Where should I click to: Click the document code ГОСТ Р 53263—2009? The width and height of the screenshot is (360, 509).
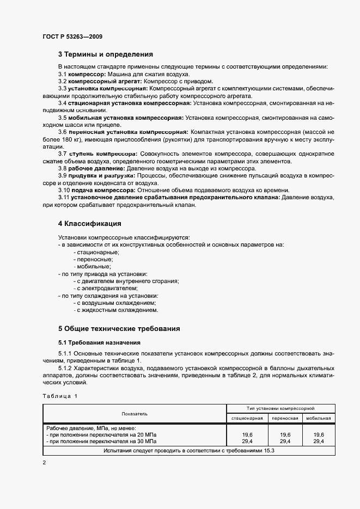pos(72,36)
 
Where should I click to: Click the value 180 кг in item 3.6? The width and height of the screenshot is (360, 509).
pos(72,140)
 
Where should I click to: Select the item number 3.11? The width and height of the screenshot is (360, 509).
pos(65,198)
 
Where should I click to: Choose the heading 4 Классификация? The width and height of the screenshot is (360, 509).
pos(89,224)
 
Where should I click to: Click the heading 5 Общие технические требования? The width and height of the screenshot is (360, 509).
pos(119,329)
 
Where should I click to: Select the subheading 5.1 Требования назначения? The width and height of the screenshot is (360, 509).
pos(100,342)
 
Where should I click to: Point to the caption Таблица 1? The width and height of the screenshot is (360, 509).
pos(60,396)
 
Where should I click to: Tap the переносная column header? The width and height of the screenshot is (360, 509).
pos(285,418)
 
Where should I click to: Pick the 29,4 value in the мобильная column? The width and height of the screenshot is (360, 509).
pos(319,442)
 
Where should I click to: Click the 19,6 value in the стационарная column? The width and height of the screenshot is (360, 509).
pos(247,435)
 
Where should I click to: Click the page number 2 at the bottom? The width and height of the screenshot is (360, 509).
pos(44,462)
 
